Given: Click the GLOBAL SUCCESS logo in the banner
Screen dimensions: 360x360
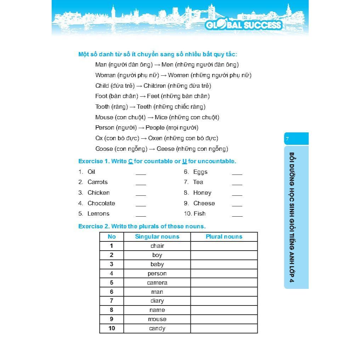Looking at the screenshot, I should [244, 25].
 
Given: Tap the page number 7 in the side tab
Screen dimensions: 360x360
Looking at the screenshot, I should [287, 139].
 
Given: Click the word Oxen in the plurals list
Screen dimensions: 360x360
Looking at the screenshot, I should [155, 138].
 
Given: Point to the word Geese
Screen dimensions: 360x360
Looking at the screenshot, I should [166, 149].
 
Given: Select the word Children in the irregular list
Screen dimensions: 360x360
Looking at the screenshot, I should [154, 86].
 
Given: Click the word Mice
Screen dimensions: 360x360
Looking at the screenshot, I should [161, 117].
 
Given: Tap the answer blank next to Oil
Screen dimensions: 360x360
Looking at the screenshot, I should [141, 173].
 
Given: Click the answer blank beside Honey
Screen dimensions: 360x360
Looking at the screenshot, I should [237, 194].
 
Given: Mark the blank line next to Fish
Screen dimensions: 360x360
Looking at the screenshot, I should [237, 215].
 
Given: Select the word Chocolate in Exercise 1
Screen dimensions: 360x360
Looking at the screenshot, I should [101, 203].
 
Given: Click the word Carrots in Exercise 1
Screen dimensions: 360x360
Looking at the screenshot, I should [97, 182].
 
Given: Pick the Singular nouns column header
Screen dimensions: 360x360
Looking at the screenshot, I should [157, 236].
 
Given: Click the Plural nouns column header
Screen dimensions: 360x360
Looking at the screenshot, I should [224, 236].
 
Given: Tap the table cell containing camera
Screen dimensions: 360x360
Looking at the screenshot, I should [157, 282].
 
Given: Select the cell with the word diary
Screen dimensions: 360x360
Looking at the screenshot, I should [157, 301].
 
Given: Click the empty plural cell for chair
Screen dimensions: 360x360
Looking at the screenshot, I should [224, 246].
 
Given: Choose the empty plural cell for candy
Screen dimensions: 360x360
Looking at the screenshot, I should [224, 328].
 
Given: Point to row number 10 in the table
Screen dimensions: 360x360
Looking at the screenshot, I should [112, 328].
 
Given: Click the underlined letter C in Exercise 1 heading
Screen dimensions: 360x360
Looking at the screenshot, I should [130, 161].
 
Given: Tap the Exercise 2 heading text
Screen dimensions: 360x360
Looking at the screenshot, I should [142, 226].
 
